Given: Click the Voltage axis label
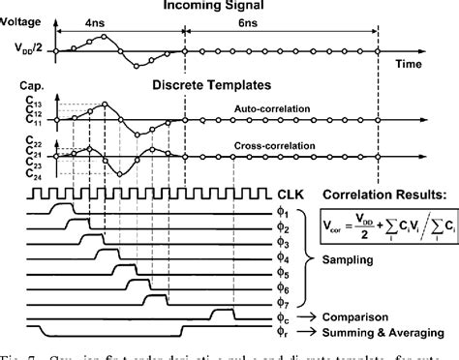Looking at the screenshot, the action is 22,20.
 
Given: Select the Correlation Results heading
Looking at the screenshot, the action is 390,194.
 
